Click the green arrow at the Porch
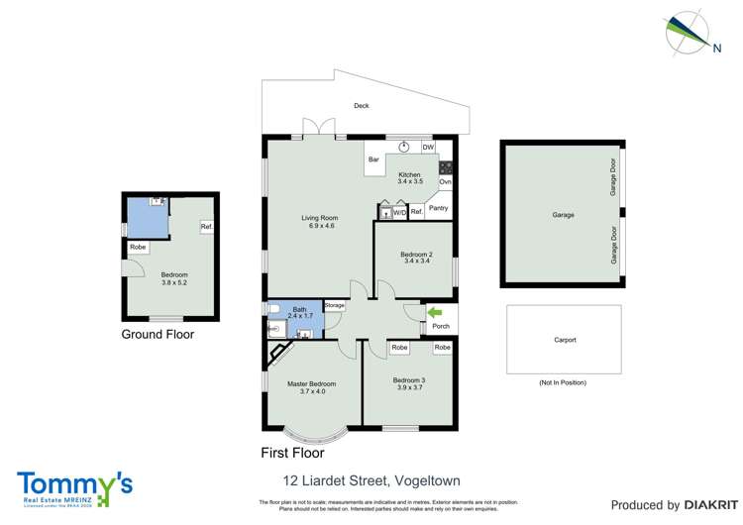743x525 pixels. pyautogui.click(x=432, y=314)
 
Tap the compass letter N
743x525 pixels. pyautogui.click(x=715, y=46)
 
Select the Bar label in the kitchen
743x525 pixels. pyautogui.click(x=374, y=159)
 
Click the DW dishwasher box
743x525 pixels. pyautogui.click(x=428, y=148)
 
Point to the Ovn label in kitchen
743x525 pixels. pyautogui.click(x=445, y=182)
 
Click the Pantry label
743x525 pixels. pyautogui.click(x=438, y=208)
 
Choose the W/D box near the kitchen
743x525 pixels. pyautogui.click(x=399, y=212)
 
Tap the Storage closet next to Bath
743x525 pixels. pyautogui.click(x=334, y=305)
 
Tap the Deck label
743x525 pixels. pyautogui.click(x=362, y=106)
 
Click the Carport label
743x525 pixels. pyautogui.click(x=564, y=340)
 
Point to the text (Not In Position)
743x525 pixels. pyautogui.click(x=563, y=382)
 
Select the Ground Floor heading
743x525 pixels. pyautogui.click(x=158, y=335)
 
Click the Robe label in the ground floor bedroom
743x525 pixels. pyautogui.click(x=137, y=247)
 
